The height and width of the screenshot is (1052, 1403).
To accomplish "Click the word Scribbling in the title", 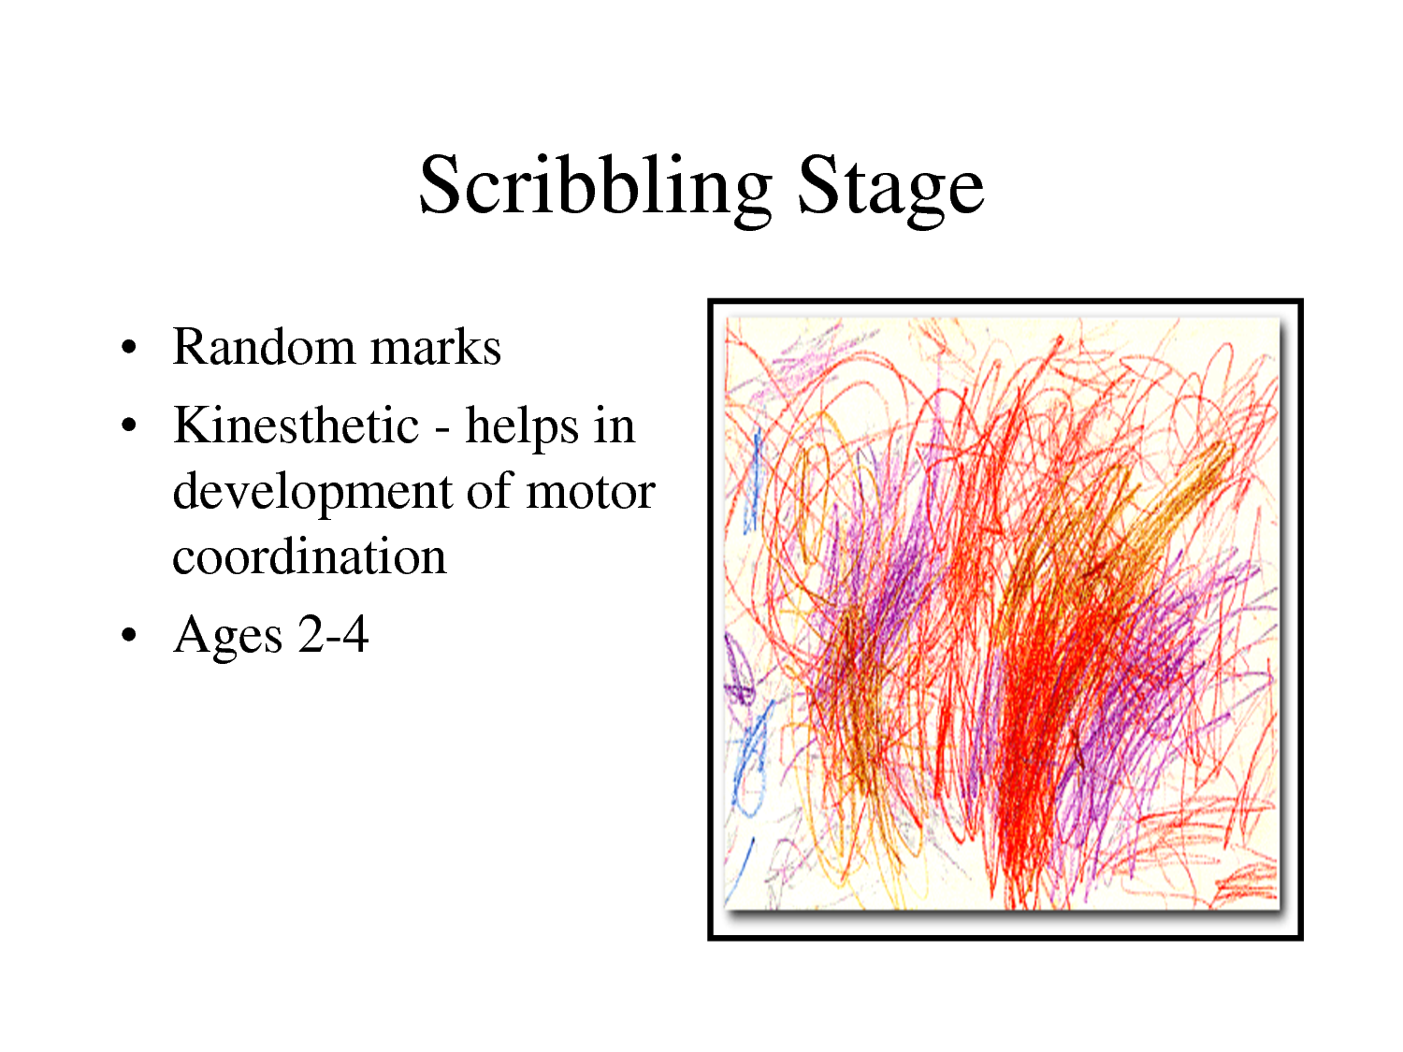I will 595,187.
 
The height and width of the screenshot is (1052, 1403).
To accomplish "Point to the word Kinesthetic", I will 296,425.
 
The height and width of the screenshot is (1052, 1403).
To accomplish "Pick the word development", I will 312,492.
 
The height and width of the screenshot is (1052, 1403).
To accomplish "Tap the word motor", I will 590,492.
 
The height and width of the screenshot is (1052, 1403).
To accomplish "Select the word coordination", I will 310,557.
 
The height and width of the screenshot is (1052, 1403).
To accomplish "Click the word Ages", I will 227,637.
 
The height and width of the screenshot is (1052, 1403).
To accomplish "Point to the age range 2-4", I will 333,635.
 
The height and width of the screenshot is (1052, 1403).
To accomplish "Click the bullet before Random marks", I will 129,349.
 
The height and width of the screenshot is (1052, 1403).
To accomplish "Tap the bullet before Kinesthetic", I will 129,427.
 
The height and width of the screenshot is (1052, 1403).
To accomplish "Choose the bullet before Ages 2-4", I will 129,637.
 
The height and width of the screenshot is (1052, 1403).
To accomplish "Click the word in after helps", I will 614,426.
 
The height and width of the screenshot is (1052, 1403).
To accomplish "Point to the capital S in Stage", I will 817,185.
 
